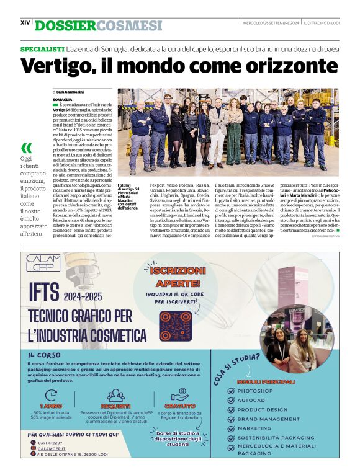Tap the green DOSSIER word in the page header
(64, 25)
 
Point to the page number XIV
(25, 22)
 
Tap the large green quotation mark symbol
(26, 148)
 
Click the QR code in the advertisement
(176, 324)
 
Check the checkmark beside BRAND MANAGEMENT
(231, 419)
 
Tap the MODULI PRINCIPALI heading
(268, 381)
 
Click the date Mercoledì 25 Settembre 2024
(271, 22)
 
